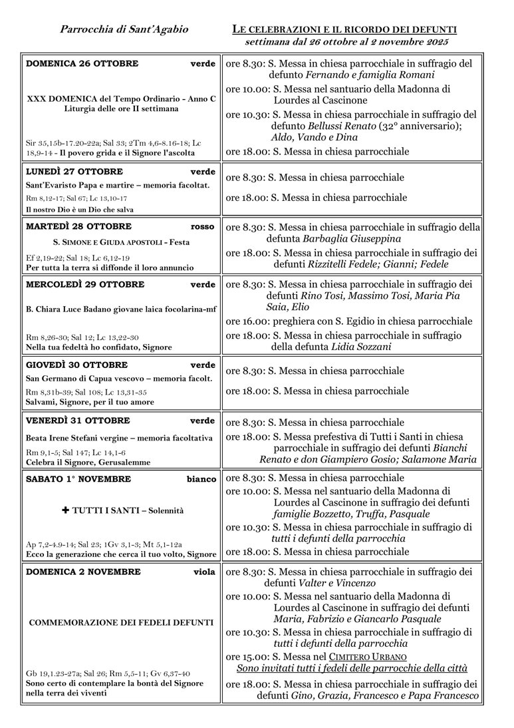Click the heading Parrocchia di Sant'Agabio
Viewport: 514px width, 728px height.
124,29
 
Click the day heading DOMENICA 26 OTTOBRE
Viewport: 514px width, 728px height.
82,64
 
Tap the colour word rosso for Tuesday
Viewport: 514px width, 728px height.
203,226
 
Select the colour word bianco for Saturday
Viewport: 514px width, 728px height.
201,479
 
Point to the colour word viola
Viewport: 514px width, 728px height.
204,572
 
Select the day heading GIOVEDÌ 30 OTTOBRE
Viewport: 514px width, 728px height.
76,365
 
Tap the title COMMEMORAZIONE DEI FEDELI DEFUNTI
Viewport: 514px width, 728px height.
121,623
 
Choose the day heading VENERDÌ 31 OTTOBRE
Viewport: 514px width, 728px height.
78,421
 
